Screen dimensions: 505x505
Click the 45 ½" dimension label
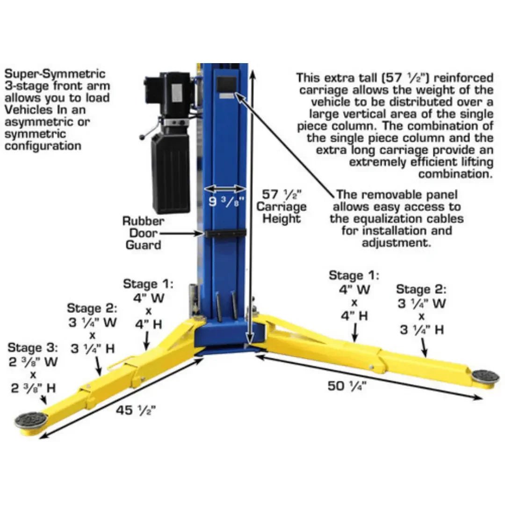pos(135,410)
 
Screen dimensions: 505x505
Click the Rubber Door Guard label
pos(143,232)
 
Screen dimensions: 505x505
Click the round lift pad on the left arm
pos(31,419)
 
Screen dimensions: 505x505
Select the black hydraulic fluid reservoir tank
pos(171,173)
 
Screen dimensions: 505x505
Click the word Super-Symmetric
pos(55,74)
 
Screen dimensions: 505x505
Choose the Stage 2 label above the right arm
pos(421,289)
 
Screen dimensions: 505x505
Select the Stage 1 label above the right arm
pos(354,275)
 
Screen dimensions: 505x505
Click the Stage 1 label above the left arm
pos(148,284)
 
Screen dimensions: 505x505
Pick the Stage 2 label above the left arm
pos(92,308)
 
